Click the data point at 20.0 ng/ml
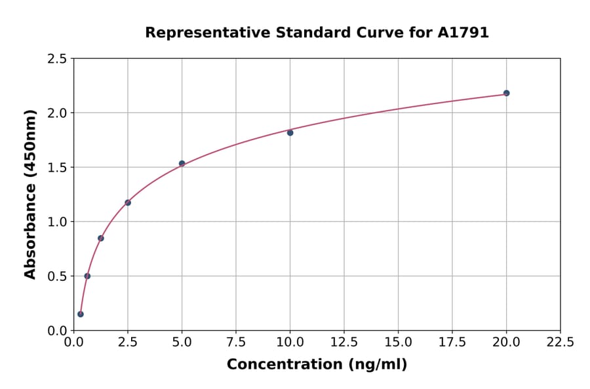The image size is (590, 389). (506, 93)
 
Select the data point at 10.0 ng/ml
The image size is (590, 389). (290, 133)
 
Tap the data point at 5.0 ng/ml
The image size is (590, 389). (182, 164)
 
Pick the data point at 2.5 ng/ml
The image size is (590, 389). (128, 202)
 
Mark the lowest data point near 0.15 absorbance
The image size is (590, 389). (81, 314)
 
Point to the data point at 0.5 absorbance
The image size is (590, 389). (87, 276)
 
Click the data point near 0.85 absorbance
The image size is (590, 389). (101, 238)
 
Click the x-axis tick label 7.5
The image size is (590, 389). (236, 342)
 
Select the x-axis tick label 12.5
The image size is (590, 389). (344, 342)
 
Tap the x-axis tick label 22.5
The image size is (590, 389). (560, 342)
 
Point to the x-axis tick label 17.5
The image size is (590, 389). (452, 342)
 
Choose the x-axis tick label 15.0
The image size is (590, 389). (398, 342)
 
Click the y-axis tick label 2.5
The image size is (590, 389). (57, 59)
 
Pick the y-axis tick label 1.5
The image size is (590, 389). (57, 168)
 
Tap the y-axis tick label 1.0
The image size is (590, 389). (57, 222)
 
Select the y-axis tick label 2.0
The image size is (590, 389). (57, 113)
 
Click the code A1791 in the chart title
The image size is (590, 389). (463, 33)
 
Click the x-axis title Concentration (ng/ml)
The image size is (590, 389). (317, 365)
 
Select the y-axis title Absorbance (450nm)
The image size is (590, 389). (30, 194)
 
